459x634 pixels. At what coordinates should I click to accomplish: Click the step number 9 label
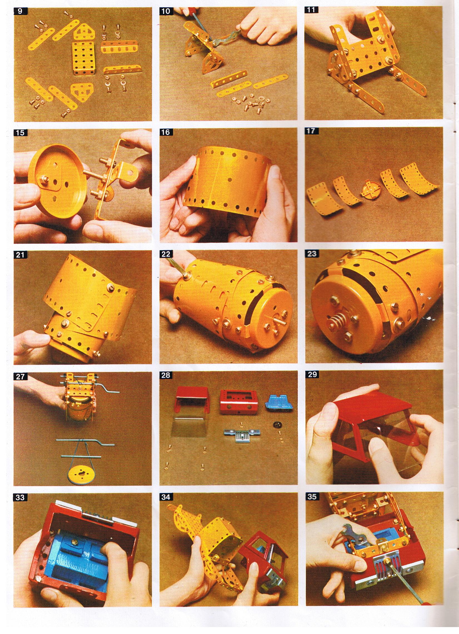(x=20, y=11)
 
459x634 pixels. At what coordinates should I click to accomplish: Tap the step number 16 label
(x=166, y=132)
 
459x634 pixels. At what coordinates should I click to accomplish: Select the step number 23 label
(x=311, y=254)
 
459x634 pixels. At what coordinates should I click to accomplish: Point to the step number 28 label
(x=166, y=375)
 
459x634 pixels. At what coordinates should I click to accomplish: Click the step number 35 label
(x=311, y=496)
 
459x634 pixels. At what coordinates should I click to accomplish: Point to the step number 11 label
(x=311, y=10)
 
